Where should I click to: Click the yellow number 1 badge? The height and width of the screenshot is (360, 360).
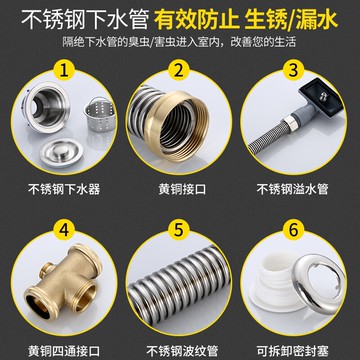tap(64, 71)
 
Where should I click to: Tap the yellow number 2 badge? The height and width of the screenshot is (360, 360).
tap(179, 71)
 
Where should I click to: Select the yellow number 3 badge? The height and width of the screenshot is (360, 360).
tap(294, 71)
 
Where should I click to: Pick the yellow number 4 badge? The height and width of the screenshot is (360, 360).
tap(64, 230)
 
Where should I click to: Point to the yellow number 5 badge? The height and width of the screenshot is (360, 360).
tap(179, 230)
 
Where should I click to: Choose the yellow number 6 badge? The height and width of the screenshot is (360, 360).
tap(294, 230)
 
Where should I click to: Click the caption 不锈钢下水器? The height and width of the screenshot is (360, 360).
tap(64, 189)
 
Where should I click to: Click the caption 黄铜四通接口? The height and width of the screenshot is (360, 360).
tap(64, 351)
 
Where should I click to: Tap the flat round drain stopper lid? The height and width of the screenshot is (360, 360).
tap(61, 153)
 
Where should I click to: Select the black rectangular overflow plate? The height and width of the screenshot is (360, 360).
tap(320, 97)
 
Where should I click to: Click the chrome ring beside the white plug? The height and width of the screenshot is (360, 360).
tap(318, 283)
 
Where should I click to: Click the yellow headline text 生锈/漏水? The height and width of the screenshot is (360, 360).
tap(291, 21)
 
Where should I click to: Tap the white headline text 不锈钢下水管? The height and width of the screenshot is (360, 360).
tap(85, 21)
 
